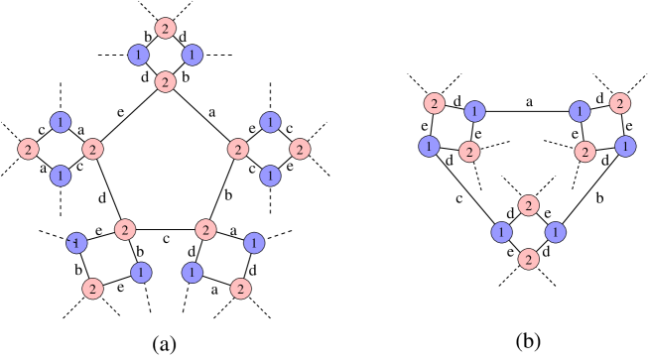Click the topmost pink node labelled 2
166,28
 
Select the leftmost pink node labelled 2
28,150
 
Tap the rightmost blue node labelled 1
625,147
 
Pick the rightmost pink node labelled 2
620,103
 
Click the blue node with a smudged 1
76,243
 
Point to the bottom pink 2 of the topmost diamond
166,81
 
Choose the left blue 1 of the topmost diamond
139,55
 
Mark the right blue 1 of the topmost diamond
193,55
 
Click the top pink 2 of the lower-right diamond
528,205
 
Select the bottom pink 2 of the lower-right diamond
528,259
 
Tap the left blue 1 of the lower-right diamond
501,232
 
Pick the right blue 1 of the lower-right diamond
556,232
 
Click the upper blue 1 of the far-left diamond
61,122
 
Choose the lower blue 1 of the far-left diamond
61,176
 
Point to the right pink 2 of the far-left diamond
92,150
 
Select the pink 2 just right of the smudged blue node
124,230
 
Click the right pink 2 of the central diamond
300,149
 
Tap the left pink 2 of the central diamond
237,150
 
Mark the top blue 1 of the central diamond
270,122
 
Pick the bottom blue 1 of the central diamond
270,176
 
